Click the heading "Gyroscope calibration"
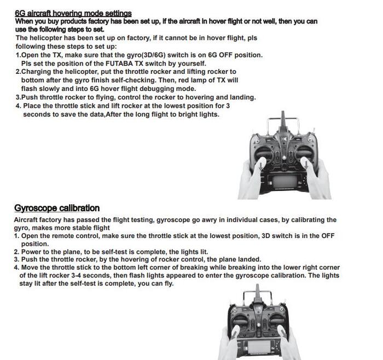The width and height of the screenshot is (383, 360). (57, 208)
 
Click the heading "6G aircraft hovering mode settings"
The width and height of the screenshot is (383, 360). (73, 13)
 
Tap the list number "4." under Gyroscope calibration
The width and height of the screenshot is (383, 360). (16, 268)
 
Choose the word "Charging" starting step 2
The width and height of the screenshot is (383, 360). (37, 72)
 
